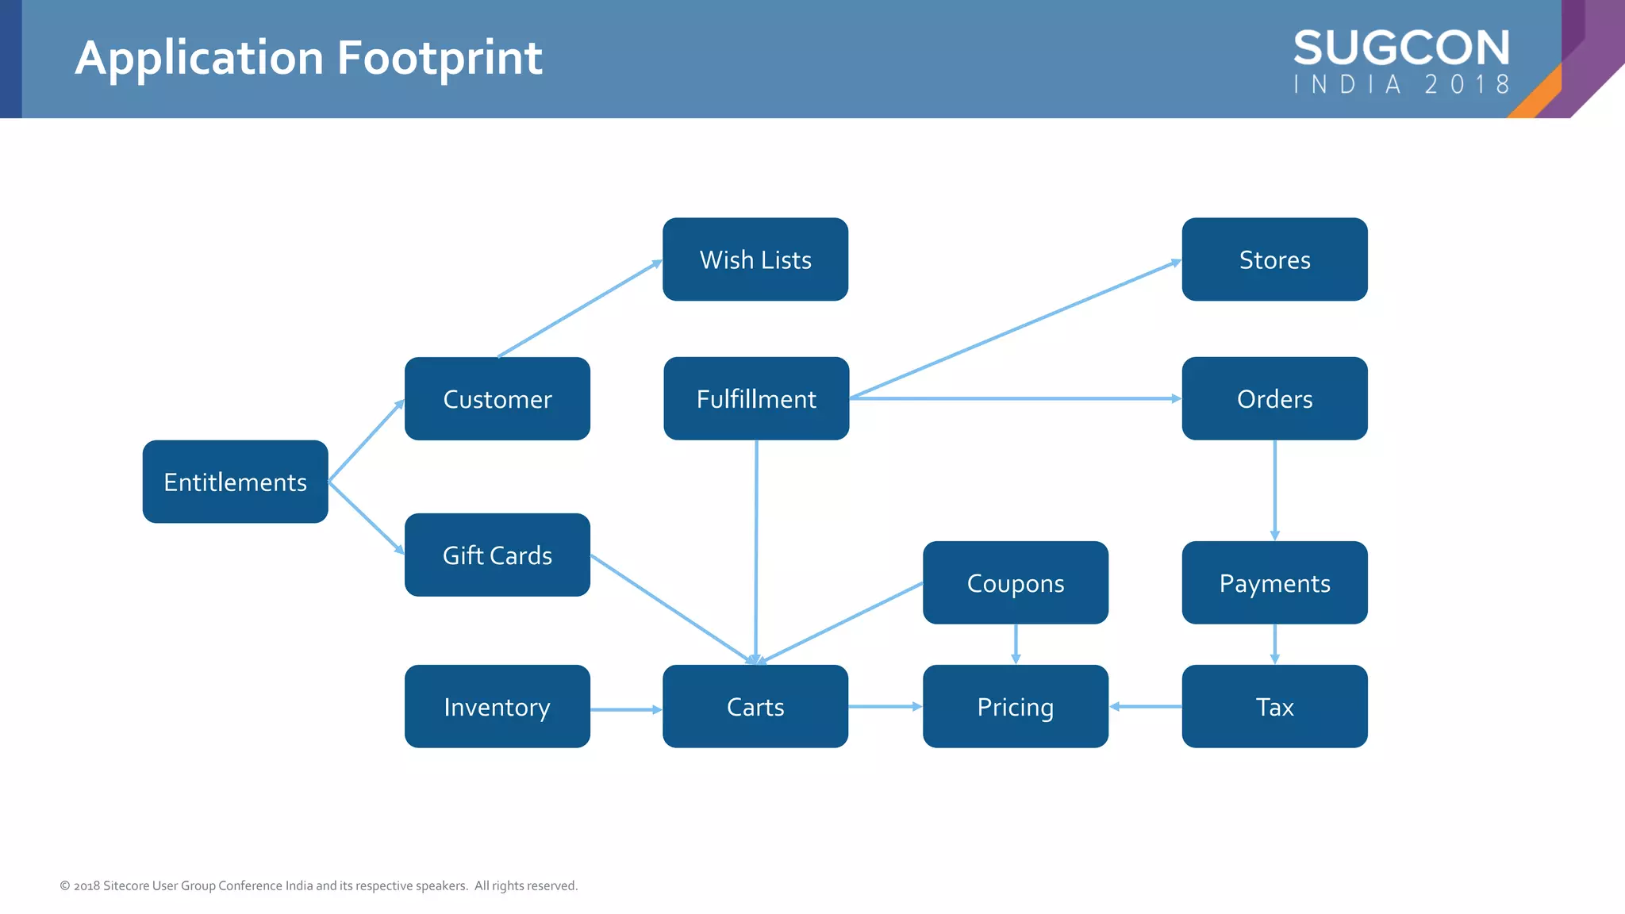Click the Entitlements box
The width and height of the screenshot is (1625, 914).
(x=235, y=482)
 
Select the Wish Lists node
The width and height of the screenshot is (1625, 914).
(x=755, y=259)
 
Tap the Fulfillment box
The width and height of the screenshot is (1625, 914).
(x=756, y=398)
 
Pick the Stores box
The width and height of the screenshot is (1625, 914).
(x=1274, y=259)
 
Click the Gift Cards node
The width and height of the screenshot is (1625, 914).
(x=497, y=555)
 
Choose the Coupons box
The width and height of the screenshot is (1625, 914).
(x=1015, y=583)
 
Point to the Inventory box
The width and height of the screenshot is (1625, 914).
(x=497, y=706)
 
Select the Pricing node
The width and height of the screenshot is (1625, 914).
(x=1015, y=706)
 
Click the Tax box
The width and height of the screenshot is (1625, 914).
(x=1274, y=706)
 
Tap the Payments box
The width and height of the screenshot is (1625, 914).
(x=1274, y=583)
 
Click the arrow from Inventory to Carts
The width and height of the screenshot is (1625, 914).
(x=626, y=709)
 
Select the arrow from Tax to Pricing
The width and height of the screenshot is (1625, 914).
(x=1145, y=706)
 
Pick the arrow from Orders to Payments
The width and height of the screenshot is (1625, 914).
(x=1274, y=490)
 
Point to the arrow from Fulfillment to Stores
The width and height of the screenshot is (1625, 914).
(x=1016, y=328)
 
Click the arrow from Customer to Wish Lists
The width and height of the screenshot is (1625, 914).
(x=579, y=309)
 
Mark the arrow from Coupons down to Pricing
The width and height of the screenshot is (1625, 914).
(x=1016, y=644)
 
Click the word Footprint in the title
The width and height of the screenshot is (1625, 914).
(x=440, y=58)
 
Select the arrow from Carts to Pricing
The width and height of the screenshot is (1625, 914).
(x=885, y=706)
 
